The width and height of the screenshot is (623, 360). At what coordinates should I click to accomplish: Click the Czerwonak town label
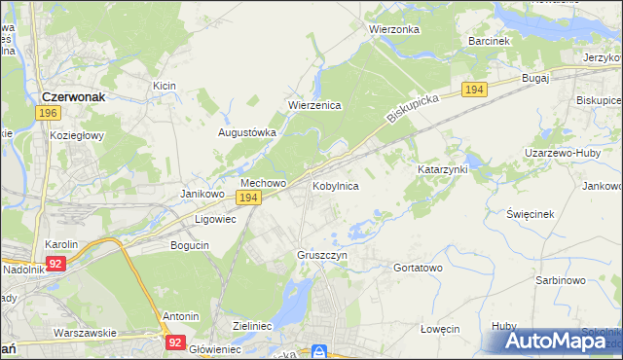[x=80, y=97]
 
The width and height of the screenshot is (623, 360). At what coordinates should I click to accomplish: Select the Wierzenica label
[x=313, y=106]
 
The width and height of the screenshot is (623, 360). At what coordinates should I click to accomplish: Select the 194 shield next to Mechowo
[x=248, y=198]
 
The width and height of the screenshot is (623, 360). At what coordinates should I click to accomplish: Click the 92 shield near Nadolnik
[x=55, y=263]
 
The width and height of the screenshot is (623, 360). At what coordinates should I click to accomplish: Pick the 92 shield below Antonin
[x=175, y=342]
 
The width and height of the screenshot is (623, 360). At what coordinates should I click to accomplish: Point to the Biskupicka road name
[x=414, y=107]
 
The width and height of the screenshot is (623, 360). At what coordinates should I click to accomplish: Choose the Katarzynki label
[x=443, y=169]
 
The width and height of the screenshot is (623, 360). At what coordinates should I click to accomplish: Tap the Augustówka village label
[x=247, y=132]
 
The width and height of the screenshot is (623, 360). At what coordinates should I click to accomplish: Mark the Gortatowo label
[x=418, y=267]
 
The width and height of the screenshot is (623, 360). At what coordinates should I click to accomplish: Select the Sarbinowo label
[x=560, y=280]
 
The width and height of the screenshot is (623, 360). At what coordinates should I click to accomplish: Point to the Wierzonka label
[x=394, y=29]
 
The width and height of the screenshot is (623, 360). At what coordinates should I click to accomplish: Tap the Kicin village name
[x=164, y=86]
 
